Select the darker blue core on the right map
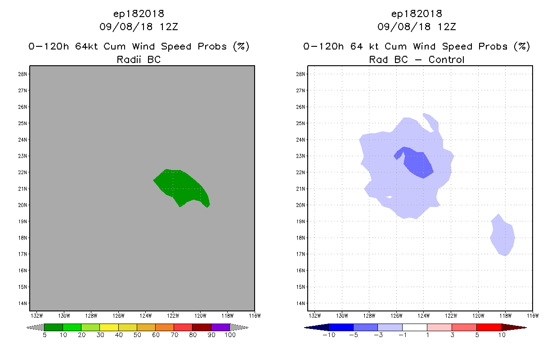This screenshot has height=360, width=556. pyautogui.click(x=418, y=163)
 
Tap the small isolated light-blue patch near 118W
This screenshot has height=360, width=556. pyautogui.click(x=503, y=236)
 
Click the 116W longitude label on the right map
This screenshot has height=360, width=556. pyautogui.click(x=533, y=315)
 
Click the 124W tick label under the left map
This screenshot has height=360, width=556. pyautogui.click(x=145, y=315)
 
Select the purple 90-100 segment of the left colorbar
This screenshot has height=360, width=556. pyautogui.click(x=220, y=327)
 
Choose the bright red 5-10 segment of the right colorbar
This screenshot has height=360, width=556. pyautogui.click(x=489, y=327)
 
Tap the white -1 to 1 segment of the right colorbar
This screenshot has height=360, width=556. pyautogui.click(x=415, y=327)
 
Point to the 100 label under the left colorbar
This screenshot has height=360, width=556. pyautogui.click(x=230, y=335)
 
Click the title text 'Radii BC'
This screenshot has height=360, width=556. pyautogui.click(x=139, y=59)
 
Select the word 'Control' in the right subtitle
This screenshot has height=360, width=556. pyautogui.click(x=446, y=59)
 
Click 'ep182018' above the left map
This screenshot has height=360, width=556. pyautogui.click(x=139, y=13)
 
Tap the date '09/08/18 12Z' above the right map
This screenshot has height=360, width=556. pyautogui.click(x=417, y=27)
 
